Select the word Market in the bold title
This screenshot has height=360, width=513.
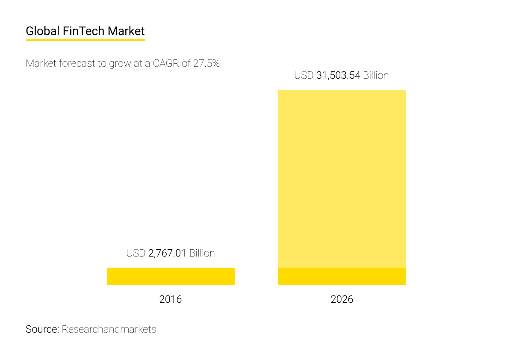click(126, 31)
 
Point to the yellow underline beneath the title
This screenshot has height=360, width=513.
click(85, 40)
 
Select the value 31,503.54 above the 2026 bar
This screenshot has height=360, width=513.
click(338, 75)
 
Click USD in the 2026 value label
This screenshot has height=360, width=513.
click(304, 75)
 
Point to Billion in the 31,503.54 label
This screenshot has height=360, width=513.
click(376, 75)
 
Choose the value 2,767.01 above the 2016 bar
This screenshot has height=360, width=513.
click(167, 253)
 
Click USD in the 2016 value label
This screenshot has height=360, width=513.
click(136, 253)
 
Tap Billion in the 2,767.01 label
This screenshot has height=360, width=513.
click(202, 253)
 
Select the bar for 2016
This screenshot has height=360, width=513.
click(171, 276)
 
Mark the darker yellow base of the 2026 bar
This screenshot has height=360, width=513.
click(342, 276)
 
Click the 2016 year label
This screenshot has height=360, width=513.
click(170, 299)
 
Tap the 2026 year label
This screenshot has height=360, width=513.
click(342, 299)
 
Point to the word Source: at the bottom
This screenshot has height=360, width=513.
click(42, 329)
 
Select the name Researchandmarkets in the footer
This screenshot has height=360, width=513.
click(109, 329)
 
